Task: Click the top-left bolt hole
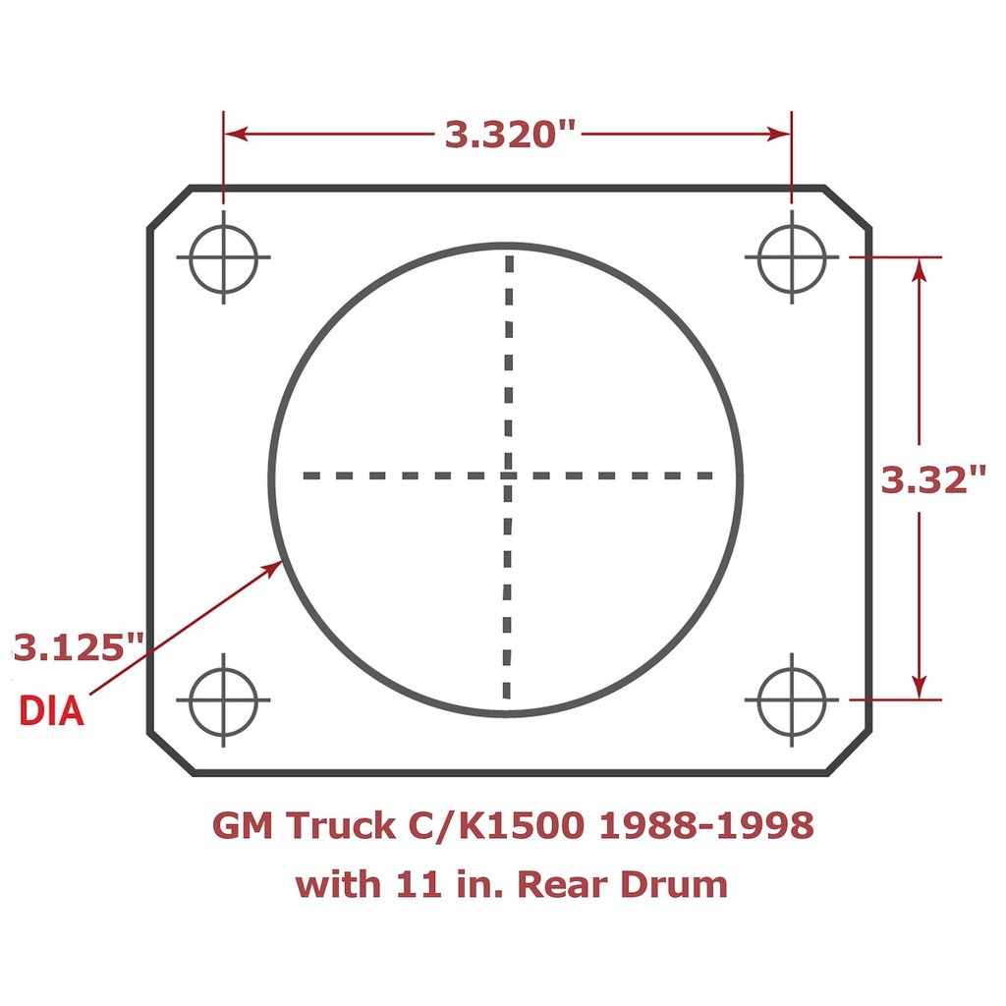[x=223, y=258]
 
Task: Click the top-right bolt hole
[x=792, y=258]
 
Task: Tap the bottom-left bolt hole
[x=223, y=700]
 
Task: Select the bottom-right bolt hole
[x=792, y=700]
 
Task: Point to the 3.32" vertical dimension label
[x=932, y=480]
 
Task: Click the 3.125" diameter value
[x=79, y=648]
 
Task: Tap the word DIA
[x=52, y=710]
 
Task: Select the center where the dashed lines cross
[x=508, y=475]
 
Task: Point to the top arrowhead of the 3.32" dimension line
[x=920, y=271]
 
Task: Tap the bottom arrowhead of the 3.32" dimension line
[x=920, y=687]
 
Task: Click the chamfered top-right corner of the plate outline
[x=847, y=207]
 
